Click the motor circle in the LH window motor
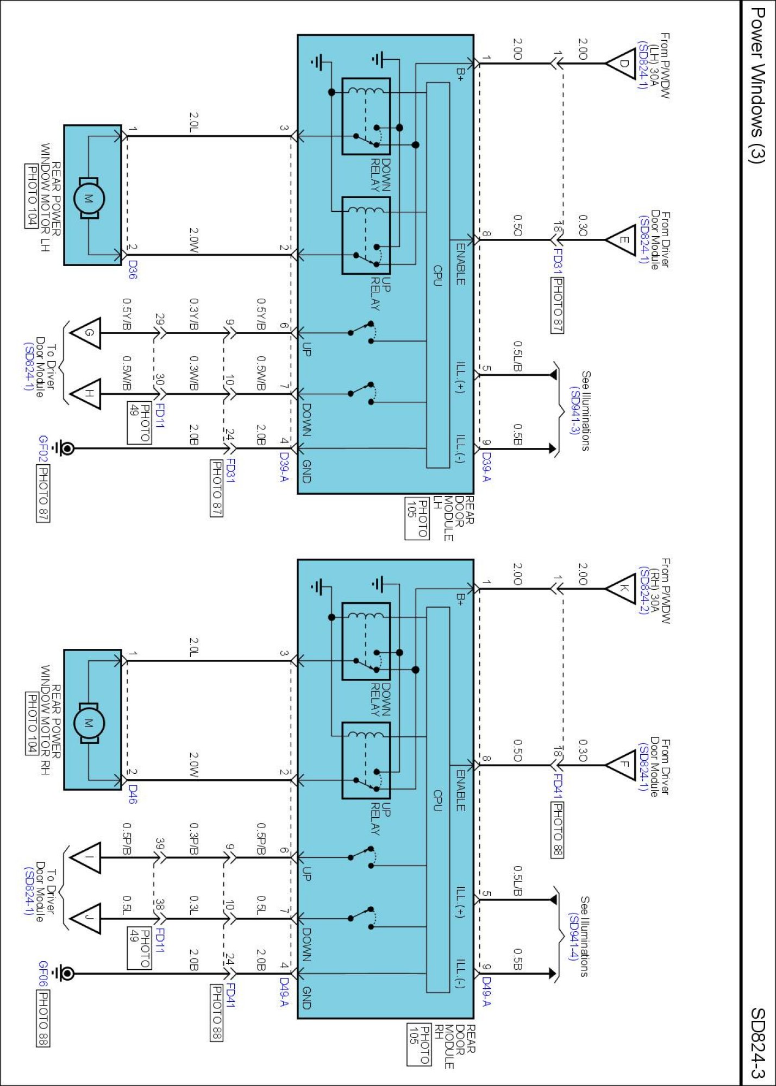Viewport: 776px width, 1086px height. coord(88,198)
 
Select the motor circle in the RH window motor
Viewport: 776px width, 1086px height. coord(88,723)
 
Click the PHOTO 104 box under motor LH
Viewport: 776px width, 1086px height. coord(32,196)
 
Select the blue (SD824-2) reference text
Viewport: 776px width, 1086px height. coord(643,591)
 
